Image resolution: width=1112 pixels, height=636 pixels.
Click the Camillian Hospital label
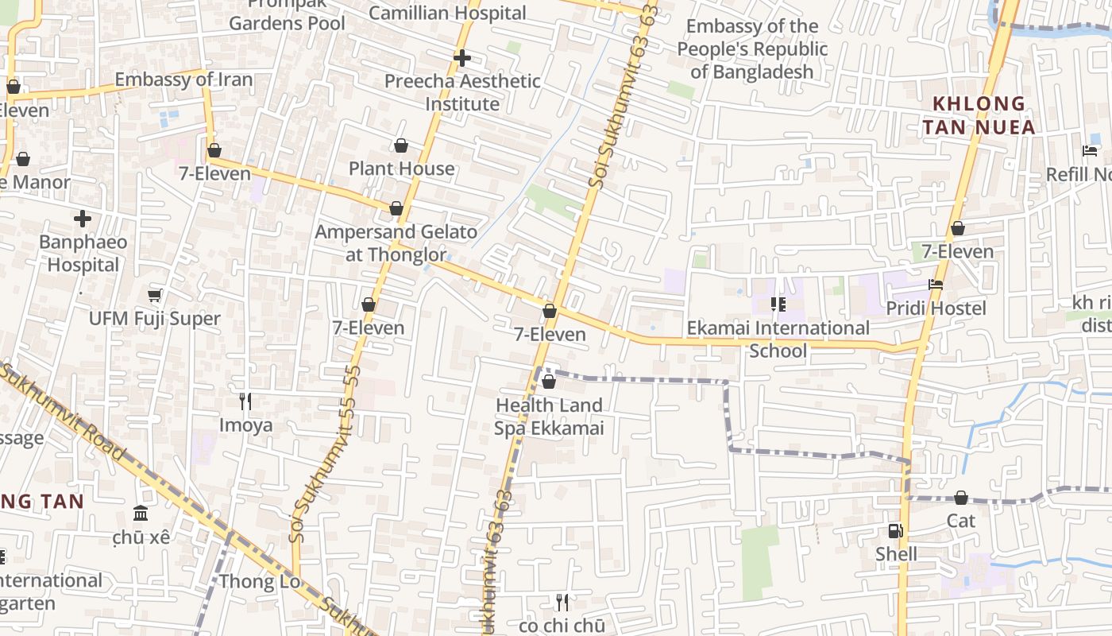447,14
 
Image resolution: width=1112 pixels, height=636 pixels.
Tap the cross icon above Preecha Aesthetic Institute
462,58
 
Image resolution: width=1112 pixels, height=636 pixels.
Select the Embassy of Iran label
183,79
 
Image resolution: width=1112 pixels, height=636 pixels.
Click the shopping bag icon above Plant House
401,145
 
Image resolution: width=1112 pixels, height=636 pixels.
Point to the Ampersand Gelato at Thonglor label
396,243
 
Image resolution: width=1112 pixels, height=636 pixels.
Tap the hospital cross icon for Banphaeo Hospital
83,219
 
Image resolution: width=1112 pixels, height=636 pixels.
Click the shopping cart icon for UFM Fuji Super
155,296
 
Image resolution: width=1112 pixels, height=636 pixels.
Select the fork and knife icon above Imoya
245,401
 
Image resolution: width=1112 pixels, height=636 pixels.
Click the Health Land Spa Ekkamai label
549,417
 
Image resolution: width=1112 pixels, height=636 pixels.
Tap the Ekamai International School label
778,339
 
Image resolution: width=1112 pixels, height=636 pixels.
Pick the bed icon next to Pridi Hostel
936,285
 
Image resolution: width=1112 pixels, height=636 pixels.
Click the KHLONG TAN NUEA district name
979,115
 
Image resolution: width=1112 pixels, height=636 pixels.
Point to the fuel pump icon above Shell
895,530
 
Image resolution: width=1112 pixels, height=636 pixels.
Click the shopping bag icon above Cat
960,498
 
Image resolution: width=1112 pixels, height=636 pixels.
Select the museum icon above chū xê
141,513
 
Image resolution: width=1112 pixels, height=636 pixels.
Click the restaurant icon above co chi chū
562,602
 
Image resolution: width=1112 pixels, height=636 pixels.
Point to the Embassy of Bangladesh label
751,49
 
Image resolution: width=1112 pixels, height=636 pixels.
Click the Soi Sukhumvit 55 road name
326,453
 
